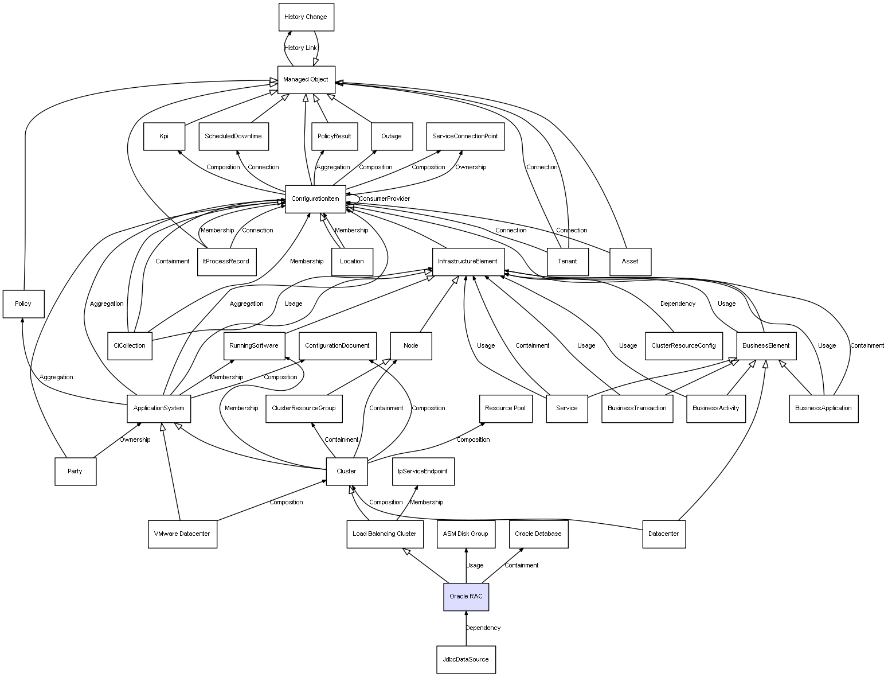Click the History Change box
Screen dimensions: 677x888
(x=306, y=17)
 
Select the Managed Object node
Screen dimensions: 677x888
(x=306, y=79)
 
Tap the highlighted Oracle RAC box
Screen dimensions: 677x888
(x=465, y=596)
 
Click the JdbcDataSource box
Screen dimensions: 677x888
(x=465, y=659)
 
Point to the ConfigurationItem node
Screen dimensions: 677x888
(x=315, y=199)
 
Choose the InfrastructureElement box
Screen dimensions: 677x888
(x=467, y=262)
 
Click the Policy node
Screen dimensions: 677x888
(x=23, y=304)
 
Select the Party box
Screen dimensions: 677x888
(x=75, y=471)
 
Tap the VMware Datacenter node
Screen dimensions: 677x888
(x=182, y=534)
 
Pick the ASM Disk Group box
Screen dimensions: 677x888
(x=465, y=534)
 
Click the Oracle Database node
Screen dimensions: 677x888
(x=538, y=534)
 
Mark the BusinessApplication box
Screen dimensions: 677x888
(x=823, y=408)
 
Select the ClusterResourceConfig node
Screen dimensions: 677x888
(x=683, y=345)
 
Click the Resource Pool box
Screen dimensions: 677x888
(x=504, y=408)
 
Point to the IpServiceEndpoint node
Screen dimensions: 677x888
(x=423, y=471)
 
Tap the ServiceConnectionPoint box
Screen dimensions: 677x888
(x=465, y=136)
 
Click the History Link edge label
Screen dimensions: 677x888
(x=300, y=48)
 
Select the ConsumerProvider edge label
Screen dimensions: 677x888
(x=384, y=199)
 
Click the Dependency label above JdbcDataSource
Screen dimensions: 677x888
(x=483, y=628)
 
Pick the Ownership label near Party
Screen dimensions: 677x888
(x=135, y=439)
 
